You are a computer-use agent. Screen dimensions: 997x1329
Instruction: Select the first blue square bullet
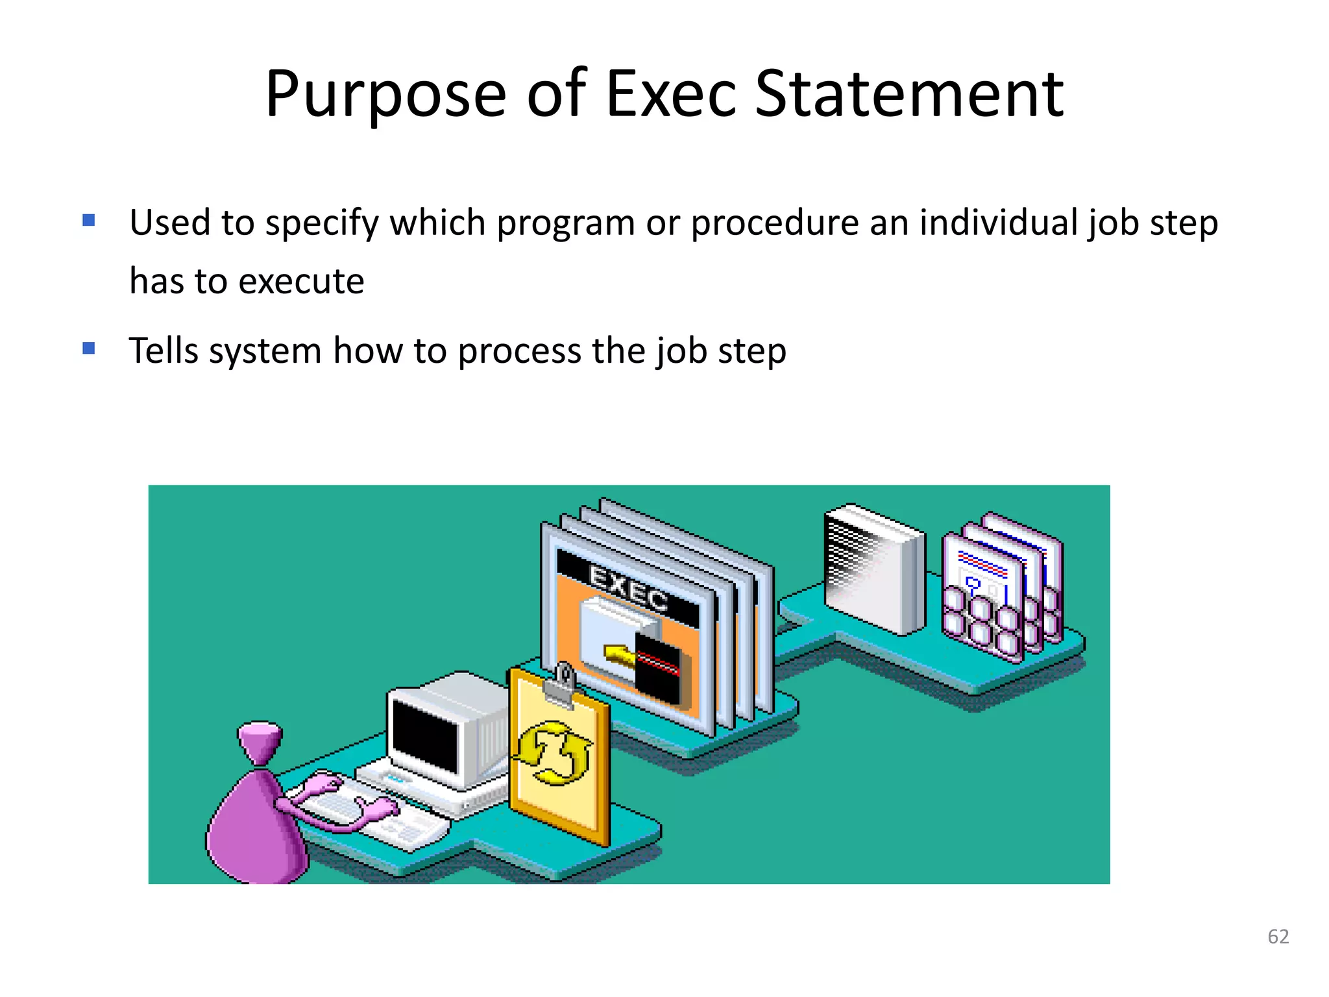89,221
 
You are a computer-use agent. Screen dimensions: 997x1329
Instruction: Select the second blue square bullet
89,349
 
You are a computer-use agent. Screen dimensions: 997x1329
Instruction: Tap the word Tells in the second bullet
163,351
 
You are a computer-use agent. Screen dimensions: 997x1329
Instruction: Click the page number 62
1278,936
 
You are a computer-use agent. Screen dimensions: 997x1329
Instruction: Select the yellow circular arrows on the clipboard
554,753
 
